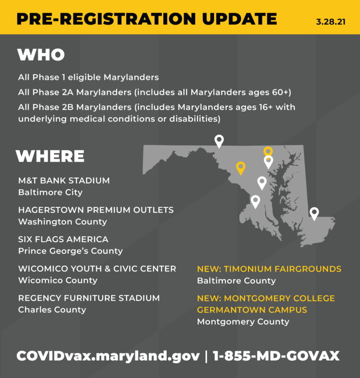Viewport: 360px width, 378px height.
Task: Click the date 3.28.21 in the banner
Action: [331, 22]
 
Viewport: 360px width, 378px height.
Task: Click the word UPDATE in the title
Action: [239, 18]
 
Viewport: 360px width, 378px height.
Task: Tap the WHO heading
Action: [41, 55]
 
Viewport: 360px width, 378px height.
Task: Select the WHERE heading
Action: [50, 156]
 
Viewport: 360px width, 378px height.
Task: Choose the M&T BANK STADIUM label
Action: [64, 180]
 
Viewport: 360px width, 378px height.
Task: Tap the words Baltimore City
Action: [51, 192]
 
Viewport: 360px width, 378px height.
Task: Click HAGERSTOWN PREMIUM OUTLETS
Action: [96, 210]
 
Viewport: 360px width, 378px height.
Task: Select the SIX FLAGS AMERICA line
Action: [63, 239]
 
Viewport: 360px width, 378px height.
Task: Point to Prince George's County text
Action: [70, 251]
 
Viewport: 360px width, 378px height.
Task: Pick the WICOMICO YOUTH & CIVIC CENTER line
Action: [97, 268]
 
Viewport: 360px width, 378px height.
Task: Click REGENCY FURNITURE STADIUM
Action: [89, 298]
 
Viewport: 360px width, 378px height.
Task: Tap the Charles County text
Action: [52, 309]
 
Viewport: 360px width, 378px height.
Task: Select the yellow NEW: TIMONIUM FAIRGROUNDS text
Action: [269, 269]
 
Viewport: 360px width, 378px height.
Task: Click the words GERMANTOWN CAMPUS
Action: [252, 310]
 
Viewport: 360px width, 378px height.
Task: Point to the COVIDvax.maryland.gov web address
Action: [108, 356]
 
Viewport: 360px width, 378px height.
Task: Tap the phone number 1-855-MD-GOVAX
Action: [276, 356]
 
